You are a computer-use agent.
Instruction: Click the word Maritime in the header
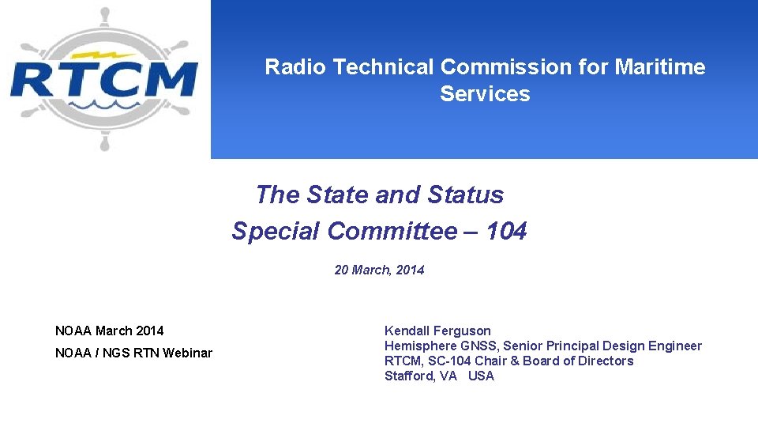pyautogui.click(x=660, y=67)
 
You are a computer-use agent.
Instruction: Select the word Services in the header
pyautogui.click(x=485, y=94)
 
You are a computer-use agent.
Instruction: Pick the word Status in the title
pyautogui.click(x=465, y=195)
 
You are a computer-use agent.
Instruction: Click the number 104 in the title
pyautogui.click(x=506, y=232)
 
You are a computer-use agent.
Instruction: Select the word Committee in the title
pyautogui.click(x=392, y=232)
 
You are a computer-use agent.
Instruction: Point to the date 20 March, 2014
pyautogui.click(x=379, y=270)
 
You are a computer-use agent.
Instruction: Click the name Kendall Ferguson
pyautogui.click(x=437, y=331)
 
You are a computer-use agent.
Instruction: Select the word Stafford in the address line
pyautogui.click(x=409, y=376)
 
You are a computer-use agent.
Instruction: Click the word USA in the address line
pyautogui.click(x=481, y=376)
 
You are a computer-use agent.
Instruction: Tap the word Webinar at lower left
pyautogui.click(x=187, y=353)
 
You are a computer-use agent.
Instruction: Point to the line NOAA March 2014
pyautogui.click(x=110, y=331)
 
